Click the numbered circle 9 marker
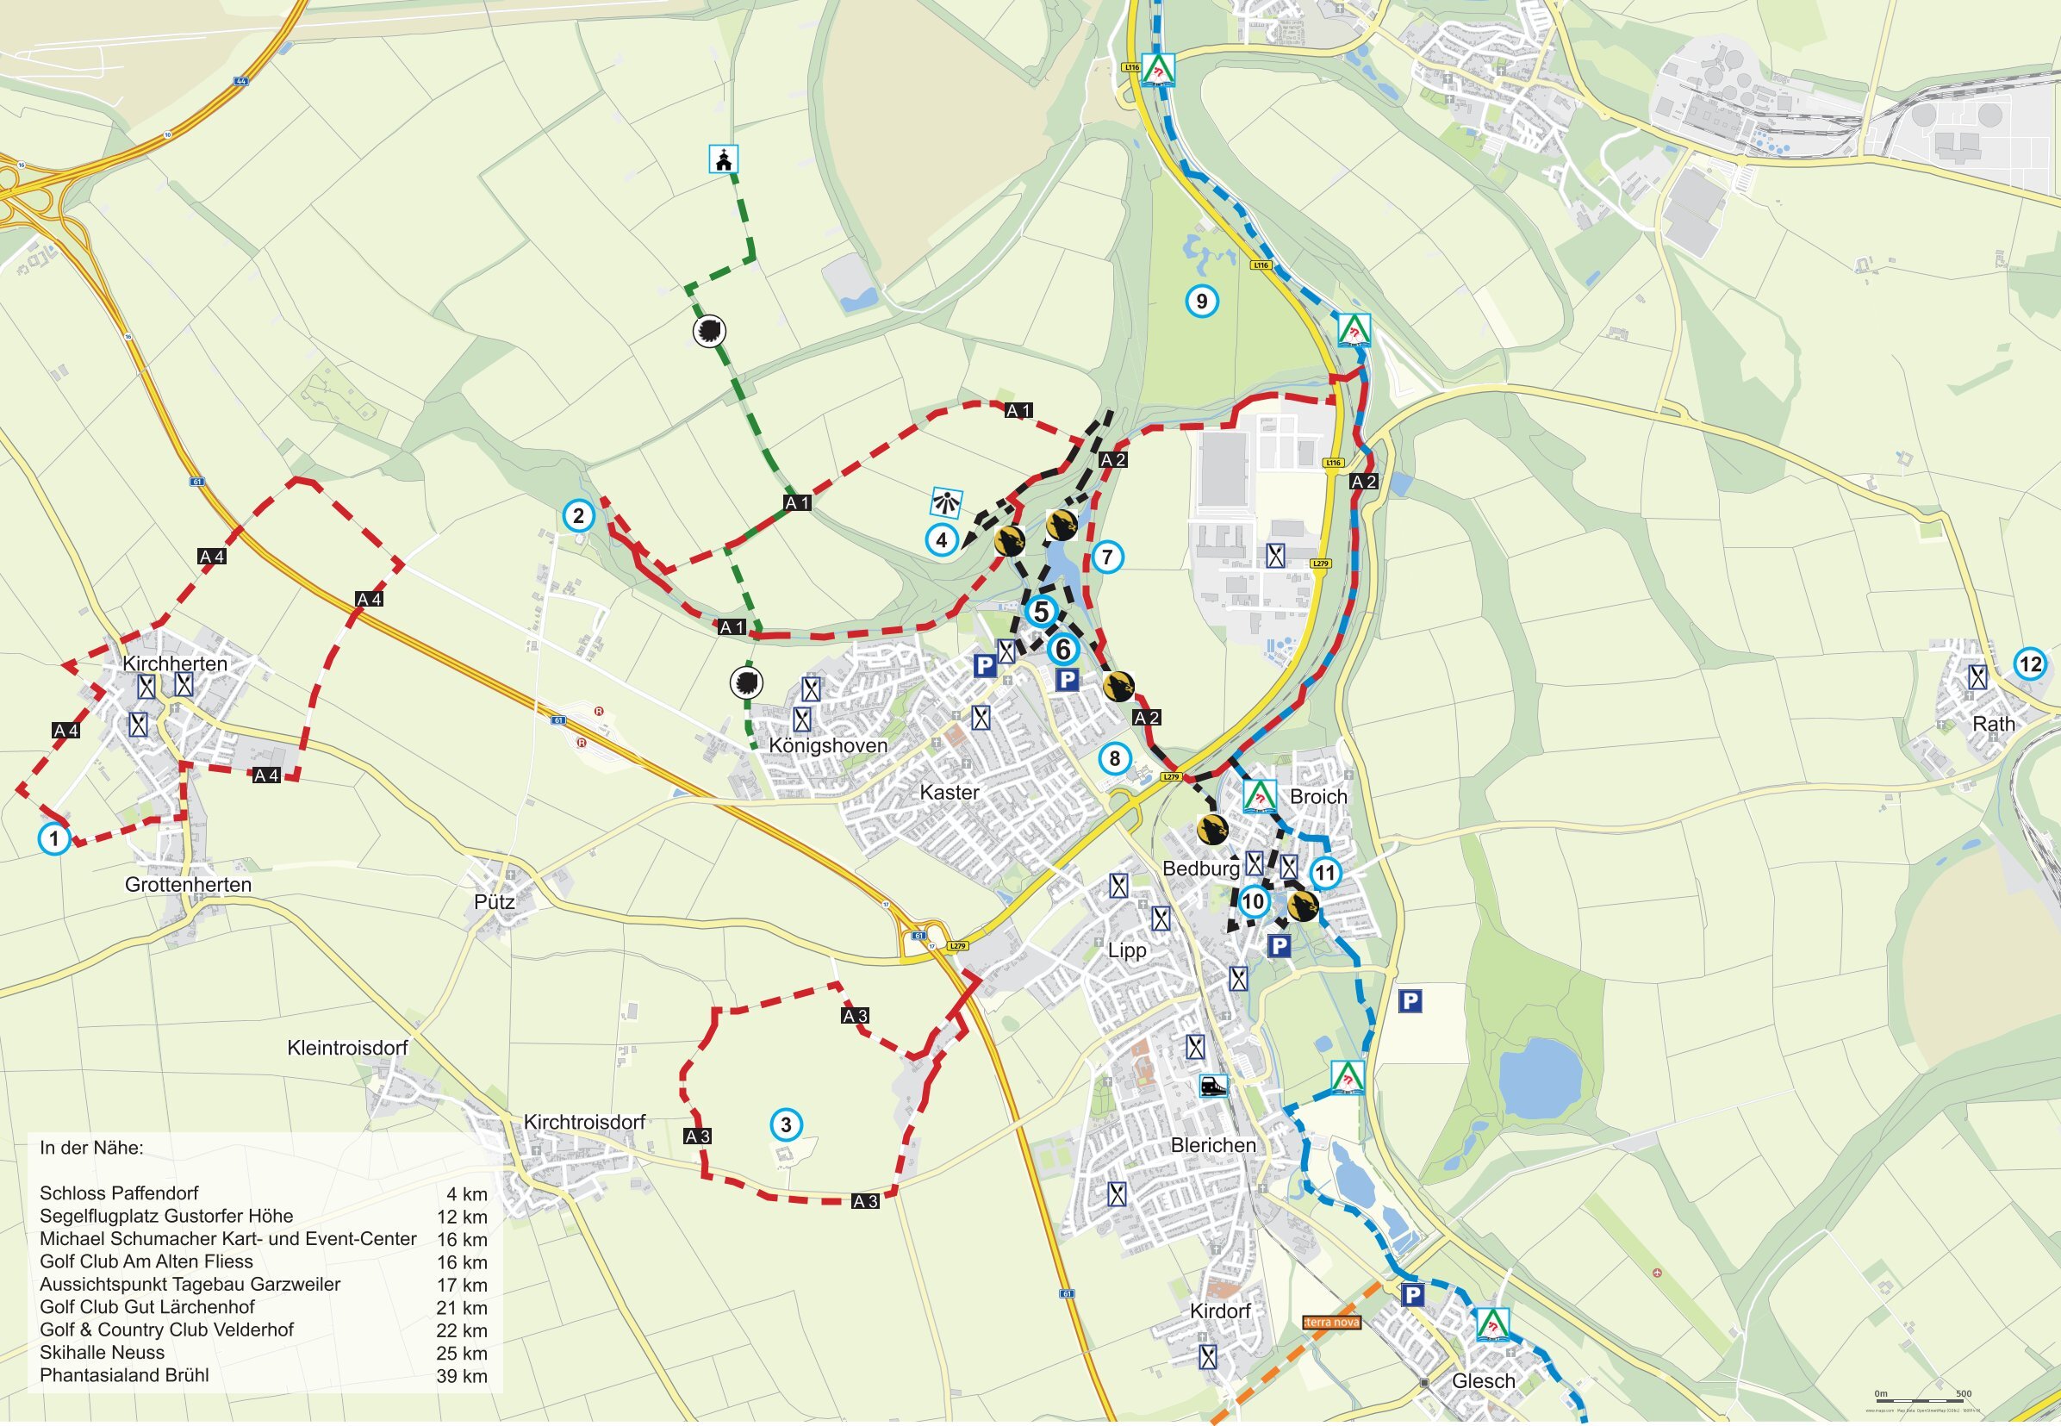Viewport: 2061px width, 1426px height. coord(1202,301)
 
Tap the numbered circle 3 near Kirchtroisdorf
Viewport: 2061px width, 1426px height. coord(786,1125)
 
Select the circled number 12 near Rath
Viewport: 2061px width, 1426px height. coord(2031,663)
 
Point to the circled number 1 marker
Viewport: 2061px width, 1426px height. coord(54,839)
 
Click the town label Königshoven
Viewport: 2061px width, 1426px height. coord(828,746)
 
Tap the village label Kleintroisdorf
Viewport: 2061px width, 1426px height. coord(346,1047)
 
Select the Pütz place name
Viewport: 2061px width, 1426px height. coord(494,901)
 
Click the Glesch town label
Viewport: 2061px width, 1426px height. coord(1483,1380)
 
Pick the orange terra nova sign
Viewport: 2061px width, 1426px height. coord(1331,1323)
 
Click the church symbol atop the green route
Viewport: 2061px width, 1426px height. coord(724,160)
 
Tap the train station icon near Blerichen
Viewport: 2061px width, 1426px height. coord(1212,1087)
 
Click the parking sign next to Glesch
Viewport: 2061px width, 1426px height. coord(1412,1295)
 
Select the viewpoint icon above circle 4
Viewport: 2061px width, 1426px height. coord(946,502)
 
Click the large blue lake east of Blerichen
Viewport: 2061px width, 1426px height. coord(1539,1078)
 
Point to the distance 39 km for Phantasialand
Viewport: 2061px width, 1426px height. coord(462,1376)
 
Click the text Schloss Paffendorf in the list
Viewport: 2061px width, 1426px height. coord(119,1192)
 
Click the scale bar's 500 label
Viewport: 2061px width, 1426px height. coord(1964,1394)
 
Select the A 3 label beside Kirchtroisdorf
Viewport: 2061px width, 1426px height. coord(697,1136)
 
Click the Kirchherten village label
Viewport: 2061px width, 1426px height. coord(174,663)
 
